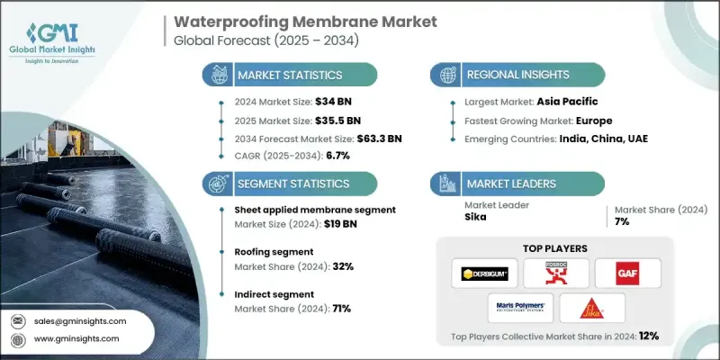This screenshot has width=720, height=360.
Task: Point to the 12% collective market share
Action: pos(647,337)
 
